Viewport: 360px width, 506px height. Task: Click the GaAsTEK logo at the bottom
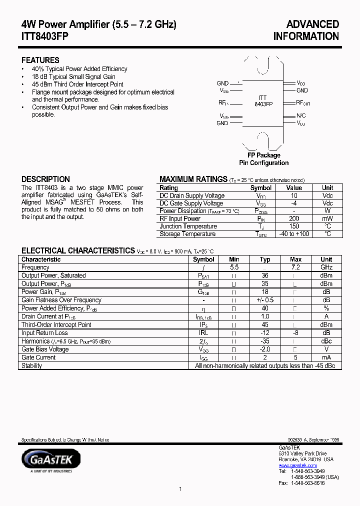pos(50,459)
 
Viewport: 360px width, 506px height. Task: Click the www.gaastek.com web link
pos(297,465)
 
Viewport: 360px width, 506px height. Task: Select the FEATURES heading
pos(40,60)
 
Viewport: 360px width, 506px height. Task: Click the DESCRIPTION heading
pos(45,179)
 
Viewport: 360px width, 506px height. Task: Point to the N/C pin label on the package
pos(301,115)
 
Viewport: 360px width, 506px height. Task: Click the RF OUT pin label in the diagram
pos(303,102)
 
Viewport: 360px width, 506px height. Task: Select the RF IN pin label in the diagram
pos(223,102)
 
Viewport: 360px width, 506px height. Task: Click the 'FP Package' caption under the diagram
pos(263,155)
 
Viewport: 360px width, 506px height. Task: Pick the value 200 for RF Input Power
pos(294,218)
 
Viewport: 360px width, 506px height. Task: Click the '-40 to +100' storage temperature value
pos(294,234)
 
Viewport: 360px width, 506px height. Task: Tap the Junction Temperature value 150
pos(294,226)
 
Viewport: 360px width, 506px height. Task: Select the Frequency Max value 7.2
pos(296,267)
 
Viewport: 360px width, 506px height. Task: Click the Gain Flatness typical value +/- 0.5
pos(265,300)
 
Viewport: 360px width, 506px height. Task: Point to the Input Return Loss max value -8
pos(296,332)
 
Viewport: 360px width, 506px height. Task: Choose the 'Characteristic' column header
pos(41,259)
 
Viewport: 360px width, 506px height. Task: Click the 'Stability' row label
pos(31,365)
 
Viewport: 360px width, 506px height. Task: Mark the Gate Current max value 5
pos(296,357)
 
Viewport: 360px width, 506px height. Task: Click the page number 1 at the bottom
pos(180,489)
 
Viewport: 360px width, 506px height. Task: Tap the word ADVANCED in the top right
pos(312,24)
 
